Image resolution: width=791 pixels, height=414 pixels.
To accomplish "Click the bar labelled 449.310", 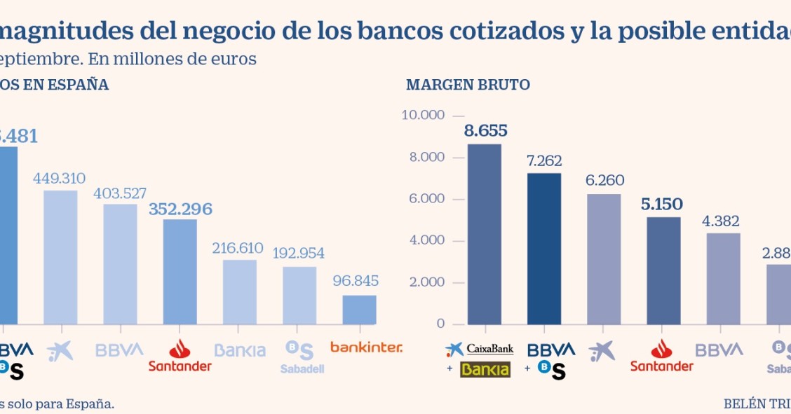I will click(x=60, y=256).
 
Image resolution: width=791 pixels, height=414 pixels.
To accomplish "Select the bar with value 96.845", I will click(x=359, y=309).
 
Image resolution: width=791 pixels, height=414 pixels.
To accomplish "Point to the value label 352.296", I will click(x=180, y=209).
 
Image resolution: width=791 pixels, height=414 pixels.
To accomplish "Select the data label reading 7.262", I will click(x=544, y=160).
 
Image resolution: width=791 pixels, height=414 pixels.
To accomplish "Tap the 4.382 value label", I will click(x=723, y=221).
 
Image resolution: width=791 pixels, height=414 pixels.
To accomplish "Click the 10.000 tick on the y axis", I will click(x=423, y=115).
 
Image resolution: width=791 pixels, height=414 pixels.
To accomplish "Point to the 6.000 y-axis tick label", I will click(x=426, y=199).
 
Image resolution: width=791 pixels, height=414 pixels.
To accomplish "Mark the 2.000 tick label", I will click(x=426, y=282).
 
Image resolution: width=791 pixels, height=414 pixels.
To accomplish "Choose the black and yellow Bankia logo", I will click(x=485, y=369).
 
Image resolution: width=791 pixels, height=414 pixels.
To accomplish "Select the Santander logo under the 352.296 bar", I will click(x=180, y=356).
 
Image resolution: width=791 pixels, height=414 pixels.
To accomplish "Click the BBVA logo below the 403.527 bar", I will click(x=120, y=350).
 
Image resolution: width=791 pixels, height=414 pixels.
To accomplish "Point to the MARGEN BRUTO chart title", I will click(x=468, y=85).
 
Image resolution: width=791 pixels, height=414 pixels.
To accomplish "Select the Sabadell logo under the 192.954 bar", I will click(x=302, y=357).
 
